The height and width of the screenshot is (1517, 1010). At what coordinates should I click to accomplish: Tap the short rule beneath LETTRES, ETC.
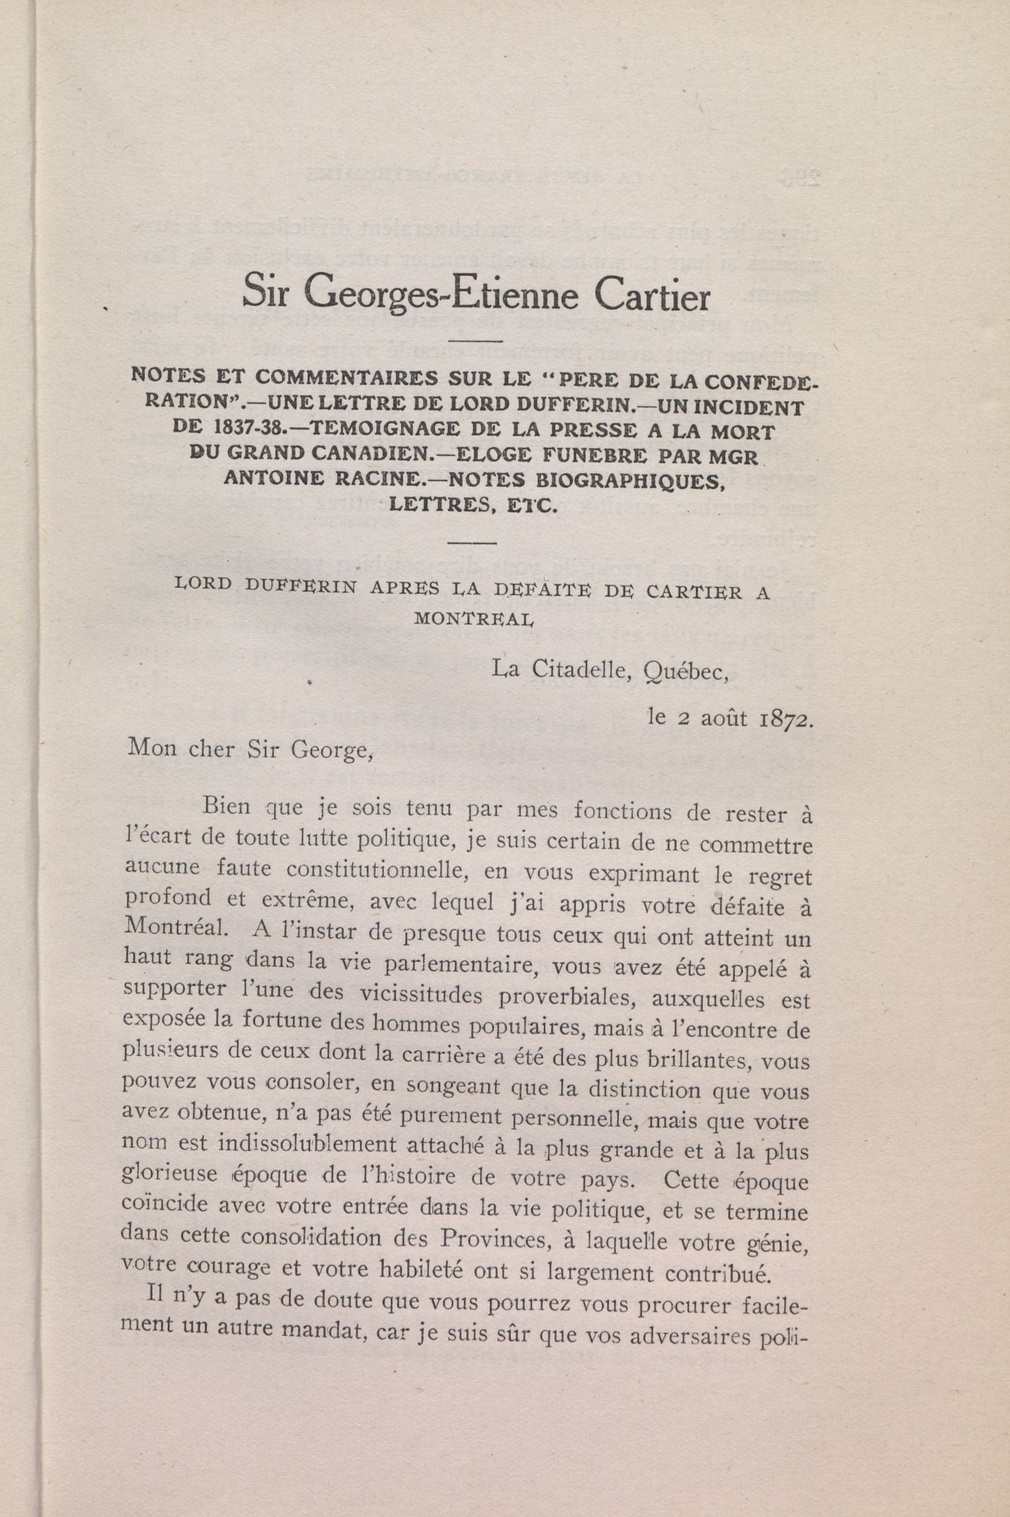[472, 543]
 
